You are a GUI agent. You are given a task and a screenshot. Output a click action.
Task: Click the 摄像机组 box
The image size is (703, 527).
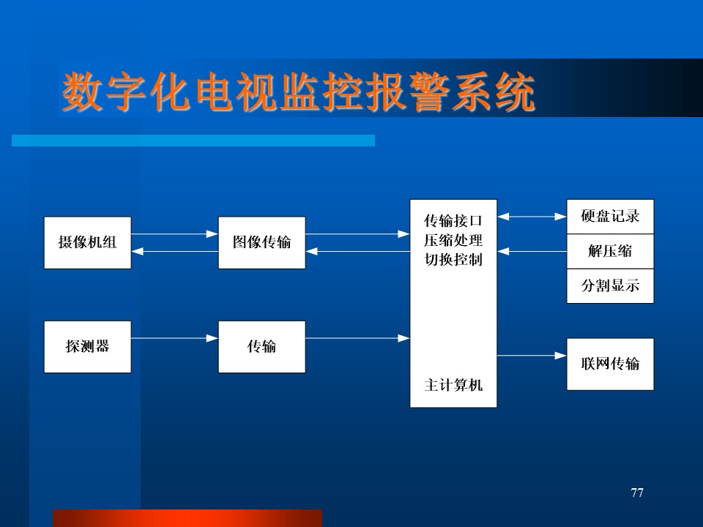click(x=87, y=242)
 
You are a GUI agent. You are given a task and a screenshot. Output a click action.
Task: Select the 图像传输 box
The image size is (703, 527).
click(x=262, y=242)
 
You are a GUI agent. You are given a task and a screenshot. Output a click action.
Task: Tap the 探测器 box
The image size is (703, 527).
click(x=87, y=347)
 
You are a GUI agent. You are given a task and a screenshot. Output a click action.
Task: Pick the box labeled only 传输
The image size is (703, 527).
click(x=262, y=347)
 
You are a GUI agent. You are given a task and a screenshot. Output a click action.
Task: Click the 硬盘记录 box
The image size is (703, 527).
click(x=610, y=217)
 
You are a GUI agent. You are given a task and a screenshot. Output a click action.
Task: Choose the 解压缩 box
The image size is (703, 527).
click(x=610, y=251)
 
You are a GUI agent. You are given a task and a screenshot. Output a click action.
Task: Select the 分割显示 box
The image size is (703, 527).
click(x=610, y=286)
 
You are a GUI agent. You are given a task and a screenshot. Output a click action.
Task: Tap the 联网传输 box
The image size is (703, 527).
click(x=610, y=364)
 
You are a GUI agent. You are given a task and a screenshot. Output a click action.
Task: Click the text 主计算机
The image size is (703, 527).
click(x=453, y=385)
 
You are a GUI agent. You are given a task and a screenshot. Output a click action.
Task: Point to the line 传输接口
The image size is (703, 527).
click(x=453, y=220)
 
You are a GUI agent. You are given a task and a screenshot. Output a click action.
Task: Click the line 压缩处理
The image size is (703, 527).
click(x=453, y=240)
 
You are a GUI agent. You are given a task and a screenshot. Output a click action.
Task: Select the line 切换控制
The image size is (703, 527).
click(x=453, y=259)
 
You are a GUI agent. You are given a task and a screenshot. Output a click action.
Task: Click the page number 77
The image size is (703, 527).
click(x=636, y=493)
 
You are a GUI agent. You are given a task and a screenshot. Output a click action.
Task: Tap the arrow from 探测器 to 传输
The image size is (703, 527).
click(x=174, y=338)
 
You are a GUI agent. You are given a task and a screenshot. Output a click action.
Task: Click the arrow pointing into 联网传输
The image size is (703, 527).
click(x=532, y=356)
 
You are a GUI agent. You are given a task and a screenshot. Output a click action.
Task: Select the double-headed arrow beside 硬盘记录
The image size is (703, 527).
click(x=532, y=217)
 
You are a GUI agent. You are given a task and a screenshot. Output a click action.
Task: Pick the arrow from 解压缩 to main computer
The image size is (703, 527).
click(x=532, y=251)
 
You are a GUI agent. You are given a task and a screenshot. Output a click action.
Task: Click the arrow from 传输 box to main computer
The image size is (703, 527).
click(x=357, y=338)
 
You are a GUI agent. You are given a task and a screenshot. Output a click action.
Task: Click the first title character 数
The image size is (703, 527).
click(x=81, y=91)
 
